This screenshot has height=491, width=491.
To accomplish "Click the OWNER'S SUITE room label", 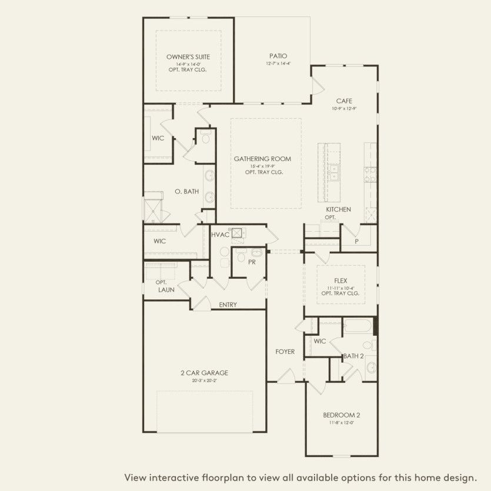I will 188,57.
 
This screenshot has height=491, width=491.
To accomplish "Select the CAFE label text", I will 344,101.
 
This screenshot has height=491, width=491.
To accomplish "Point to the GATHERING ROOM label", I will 262,159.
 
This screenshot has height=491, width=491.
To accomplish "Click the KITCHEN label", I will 339,209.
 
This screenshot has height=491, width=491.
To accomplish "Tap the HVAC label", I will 221,235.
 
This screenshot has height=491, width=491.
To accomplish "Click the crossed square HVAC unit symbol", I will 237,233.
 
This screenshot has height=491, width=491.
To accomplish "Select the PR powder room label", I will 251,262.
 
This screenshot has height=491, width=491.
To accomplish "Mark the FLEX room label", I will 340,280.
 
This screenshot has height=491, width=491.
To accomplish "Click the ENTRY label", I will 228,305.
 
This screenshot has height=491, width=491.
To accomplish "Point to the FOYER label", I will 285,352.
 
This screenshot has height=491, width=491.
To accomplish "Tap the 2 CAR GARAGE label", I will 204,373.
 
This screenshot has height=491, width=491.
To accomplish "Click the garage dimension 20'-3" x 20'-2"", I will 204,380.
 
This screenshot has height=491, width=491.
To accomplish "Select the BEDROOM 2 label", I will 342,415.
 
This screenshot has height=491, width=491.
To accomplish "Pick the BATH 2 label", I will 353,356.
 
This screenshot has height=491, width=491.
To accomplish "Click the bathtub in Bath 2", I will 358,326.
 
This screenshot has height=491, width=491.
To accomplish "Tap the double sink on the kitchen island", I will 334,172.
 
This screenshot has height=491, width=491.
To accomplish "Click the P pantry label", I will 356,241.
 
